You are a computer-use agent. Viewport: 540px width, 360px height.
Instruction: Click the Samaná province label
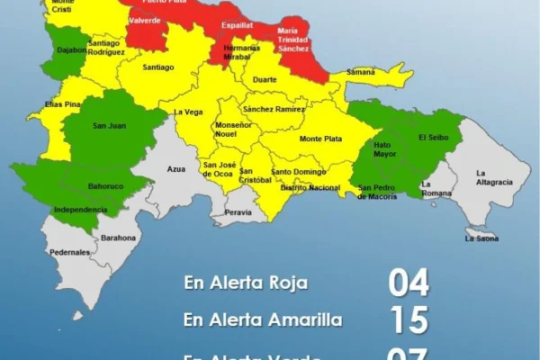pos(360,71)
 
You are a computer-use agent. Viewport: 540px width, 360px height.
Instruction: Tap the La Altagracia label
pos(494,177)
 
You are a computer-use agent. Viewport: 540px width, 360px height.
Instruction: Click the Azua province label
pos(176,168)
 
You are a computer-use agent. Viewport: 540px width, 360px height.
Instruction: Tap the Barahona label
pos(119,238)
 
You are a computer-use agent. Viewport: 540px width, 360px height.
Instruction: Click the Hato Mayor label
pos(383,148)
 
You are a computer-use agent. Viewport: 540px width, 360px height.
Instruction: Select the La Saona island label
pos(481,238)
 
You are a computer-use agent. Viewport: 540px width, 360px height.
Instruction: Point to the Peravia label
pos(238,212)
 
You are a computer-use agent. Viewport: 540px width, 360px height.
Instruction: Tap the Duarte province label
pos(265,79)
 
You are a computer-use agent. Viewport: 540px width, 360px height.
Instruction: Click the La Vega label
pos(187,112)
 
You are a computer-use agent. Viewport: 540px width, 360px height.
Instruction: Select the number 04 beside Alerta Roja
pos(409,283)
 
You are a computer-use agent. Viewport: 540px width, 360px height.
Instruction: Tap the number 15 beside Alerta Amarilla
pos(409,319)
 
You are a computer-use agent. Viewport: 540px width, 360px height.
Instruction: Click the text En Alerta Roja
pos(246,283)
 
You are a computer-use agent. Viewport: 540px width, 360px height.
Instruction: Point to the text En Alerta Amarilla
pos(261,319)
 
